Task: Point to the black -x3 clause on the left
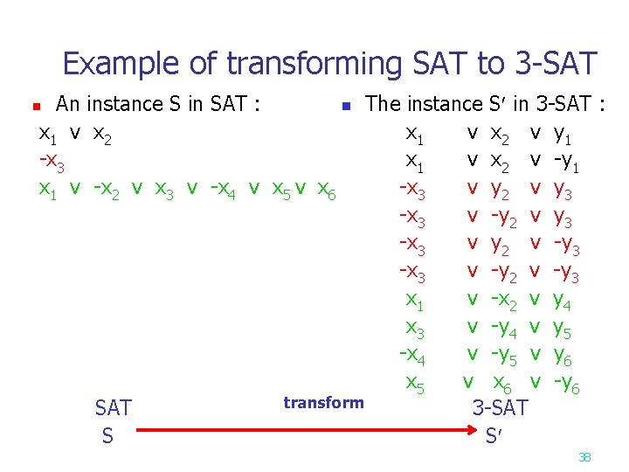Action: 52,162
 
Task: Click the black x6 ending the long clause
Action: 324,189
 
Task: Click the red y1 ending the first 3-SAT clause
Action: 565,135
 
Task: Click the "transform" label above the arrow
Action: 323,403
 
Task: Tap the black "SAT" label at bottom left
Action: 113,408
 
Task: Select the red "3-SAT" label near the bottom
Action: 501,407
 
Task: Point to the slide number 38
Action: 584,457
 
